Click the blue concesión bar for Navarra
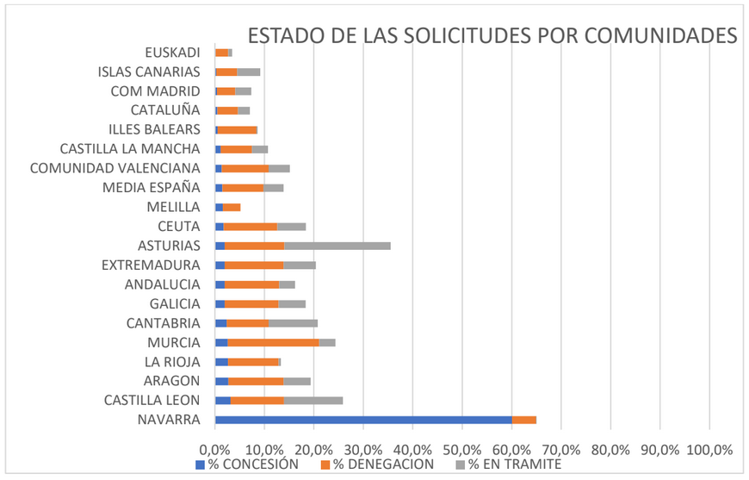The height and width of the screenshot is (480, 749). pyautogui.click(x=363, y=420)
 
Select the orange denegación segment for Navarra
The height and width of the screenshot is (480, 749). pyautogui.click(x=524, y=420)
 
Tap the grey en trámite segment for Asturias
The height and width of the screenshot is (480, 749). pyautogui.click(x=337, y=246)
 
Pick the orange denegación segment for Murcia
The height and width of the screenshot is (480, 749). pyautogui.click(x=273, y=342)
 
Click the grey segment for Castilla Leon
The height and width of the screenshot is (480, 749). pyautogui.click(x=313, y=400)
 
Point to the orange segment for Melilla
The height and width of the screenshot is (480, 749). pyautogui.click(x=232, y=207)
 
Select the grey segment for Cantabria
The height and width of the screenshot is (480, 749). pyautogui.click(x=293, y=323)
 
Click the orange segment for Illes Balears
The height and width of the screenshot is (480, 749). pyautogui.click(x=238, y=129)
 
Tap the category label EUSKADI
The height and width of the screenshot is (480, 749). pyautogui.click(x=172, y=53)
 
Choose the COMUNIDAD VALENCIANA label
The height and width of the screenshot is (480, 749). pyautogui.click(x=115, y=168)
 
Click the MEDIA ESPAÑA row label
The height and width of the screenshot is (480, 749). pyautogui.click(x=151, y=188)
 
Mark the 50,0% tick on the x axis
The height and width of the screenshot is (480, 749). pyautogui.click(x=462, y=449)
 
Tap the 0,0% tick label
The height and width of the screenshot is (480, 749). pyautogui.click(x=214, y=449)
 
